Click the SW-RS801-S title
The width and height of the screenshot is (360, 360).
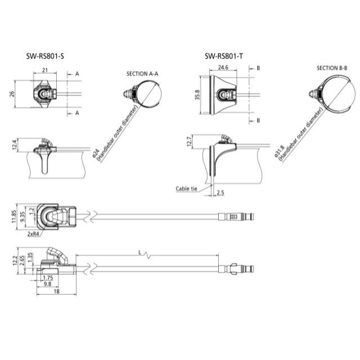pyautogui.click(x=44, y=56)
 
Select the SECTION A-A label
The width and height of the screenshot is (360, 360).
pyautogui.click(x=142, y=73)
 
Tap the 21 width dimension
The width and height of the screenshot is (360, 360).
pyautogui.click(x=44, y=71)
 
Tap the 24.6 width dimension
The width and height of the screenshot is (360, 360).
pyautogui.click(x=223, y=67)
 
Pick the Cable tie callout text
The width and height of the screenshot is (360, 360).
pyautogui.click(x=186, y=189)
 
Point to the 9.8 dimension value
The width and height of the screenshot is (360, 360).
pyautogui.click(x=47, y=284)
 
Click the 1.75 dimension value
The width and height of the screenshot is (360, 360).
pyautogui.click(x=48, y=277)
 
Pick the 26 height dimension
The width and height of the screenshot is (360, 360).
pyautogui.click(x=13, y=94)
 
